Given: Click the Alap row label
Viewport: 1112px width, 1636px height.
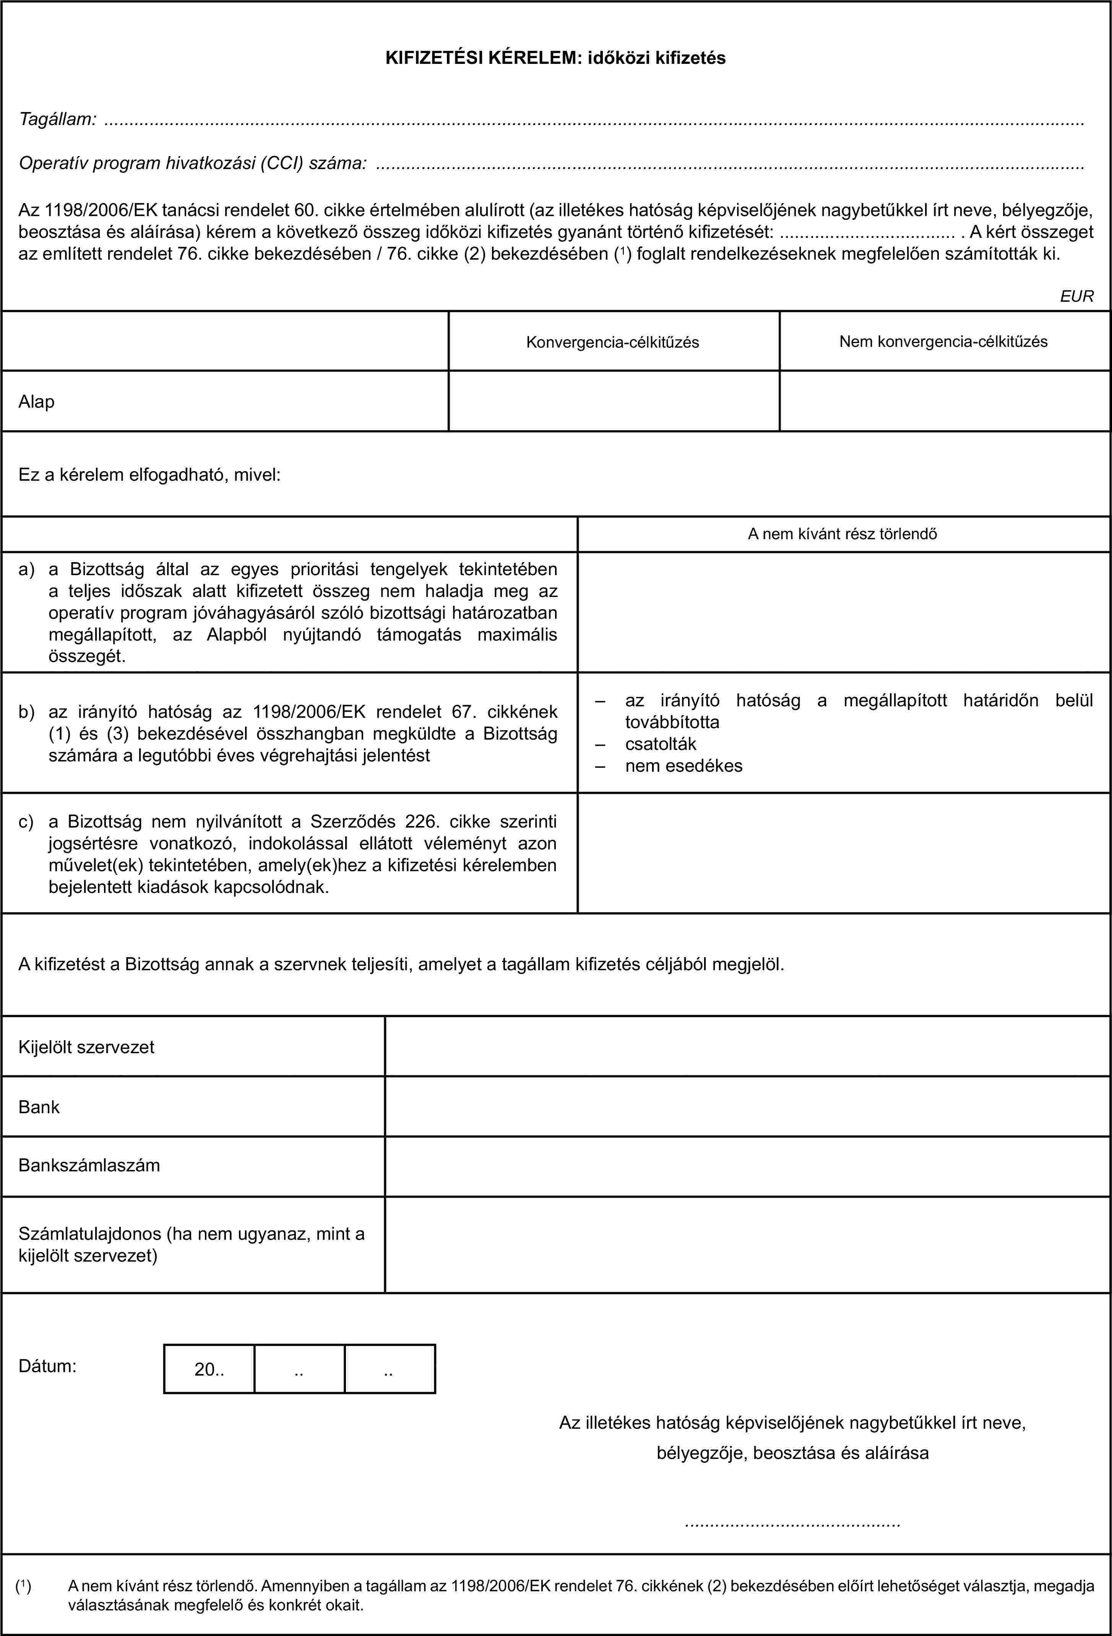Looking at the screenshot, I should coord(37,402).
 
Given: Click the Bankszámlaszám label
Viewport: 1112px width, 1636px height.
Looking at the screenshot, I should coord(89,1165).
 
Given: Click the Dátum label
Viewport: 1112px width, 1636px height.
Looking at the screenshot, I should coord(47,1366).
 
